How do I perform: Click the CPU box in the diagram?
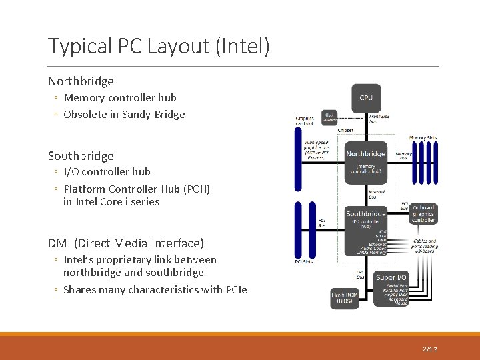tap(366, 98)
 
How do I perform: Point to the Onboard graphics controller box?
tap(423, 213)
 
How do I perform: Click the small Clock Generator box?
tap(329, 117)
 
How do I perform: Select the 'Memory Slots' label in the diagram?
tap(423, 137)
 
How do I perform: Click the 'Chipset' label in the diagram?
tap(346, 130)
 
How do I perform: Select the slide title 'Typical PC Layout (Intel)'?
tap(159, 46)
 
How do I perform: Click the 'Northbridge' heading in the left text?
tap(81, 81)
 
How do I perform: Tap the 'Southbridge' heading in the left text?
tap(81, 156)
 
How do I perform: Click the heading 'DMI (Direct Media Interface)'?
tap(126, 243)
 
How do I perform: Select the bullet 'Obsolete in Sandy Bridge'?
tap(124, 114)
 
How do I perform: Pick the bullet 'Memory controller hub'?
tap(120, 97)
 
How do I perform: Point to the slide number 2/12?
tap(431, 349)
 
